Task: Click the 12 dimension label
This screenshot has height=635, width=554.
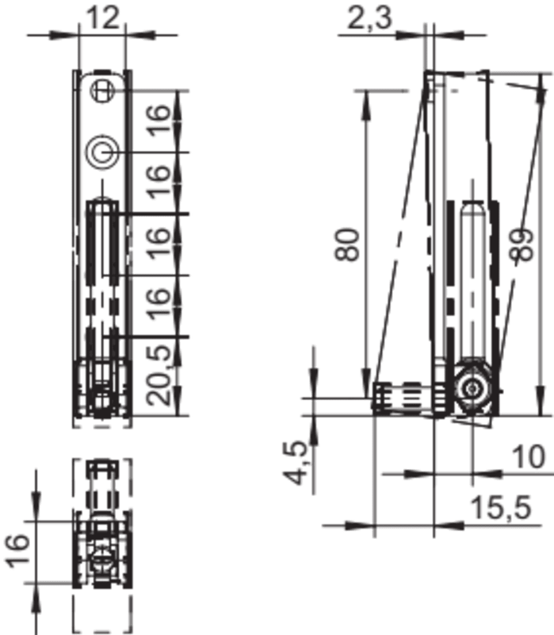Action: click(x=103, y=17)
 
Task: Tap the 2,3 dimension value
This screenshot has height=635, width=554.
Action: click(x=370, y=18)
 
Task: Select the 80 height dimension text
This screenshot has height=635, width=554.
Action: click(x=347, y=244)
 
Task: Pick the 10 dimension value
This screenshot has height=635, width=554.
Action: click(x=529, y=457)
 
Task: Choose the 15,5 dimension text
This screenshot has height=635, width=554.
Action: click(x=501, y=508)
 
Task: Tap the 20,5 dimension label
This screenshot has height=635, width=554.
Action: click(x=158, y=375)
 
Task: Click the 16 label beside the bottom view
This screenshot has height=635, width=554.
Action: click(x=17, y=551)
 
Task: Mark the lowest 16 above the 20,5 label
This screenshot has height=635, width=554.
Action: click(x=158, y=304)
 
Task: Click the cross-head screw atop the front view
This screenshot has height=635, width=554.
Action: click(x=101, y=90)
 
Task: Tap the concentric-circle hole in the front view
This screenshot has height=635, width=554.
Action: click(x=102, y=152)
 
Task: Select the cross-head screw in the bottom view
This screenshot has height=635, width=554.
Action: click(x=101, y=560)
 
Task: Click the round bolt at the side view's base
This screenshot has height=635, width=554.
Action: click(x=472, y=389)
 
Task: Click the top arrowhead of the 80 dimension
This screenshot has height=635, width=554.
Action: click(x=366, y=106)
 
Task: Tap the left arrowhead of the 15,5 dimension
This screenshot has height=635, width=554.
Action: click(x=360, y=526)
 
